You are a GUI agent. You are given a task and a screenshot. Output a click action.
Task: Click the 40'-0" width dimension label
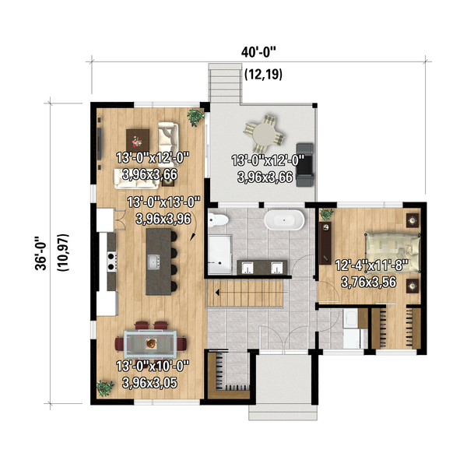(x=259, y=51)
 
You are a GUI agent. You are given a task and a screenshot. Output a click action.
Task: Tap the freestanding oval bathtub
(x=284, y=221)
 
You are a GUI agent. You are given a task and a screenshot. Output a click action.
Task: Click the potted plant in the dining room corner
(x=104, y=387)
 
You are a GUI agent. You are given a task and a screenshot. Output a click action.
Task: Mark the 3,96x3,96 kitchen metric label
(x=163, y=219)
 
